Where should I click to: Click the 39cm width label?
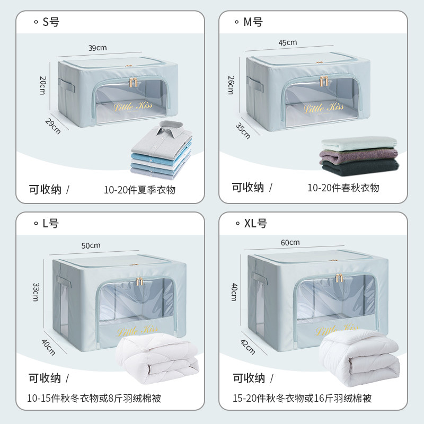[98, 48]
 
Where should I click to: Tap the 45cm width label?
[287, 42]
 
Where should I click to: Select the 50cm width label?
[91, 245]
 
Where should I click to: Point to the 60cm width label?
[290, 242]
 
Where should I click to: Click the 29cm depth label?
[52, 126]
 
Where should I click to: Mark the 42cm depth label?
[248, 347]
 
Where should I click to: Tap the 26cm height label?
[231, 85]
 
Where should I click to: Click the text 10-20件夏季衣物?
[140, 190]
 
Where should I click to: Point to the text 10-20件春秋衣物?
[343, 188]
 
